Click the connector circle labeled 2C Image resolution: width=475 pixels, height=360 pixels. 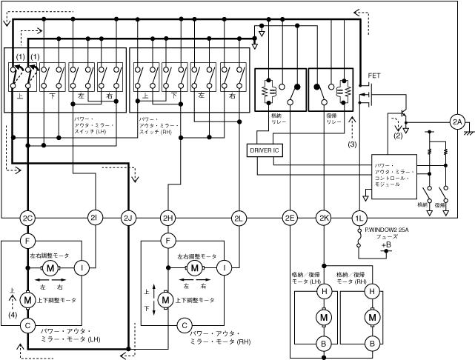[x=27, y=218]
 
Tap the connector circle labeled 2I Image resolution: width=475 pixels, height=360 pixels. [x=94, y=218]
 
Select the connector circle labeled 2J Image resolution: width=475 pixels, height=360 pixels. [x=128, y=218]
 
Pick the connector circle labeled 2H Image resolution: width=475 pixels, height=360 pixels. [x=168, y=218]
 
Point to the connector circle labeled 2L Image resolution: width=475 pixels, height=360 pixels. [x=239, y=218]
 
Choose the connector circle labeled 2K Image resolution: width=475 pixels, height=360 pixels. [x=324, y=218]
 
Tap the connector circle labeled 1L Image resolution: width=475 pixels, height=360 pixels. [x=359, y=218]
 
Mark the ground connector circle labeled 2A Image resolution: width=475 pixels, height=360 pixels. [x=457, y=121]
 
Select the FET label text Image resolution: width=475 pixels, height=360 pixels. [x=374, y=76]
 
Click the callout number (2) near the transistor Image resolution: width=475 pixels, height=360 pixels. [x=398, y=136]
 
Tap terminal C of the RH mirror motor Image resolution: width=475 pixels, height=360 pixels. [x=183, y=324]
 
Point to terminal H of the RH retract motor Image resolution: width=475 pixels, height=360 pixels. [x=371, y=292]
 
